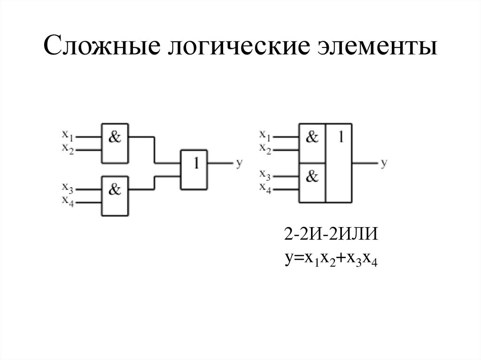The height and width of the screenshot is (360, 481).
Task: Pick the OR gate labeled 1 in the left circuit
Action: tap(194, 169)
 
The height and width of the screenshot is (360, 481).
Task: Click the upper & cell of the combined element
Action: tap(312, 142)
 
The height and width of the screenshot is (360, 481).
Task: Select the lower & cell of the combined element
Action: tap(312, 182)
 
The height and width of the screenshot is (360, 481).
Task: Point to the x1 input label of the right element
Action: tap(266, 135)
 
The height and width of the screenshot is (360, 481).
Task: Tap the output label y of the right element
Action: tap(384, 163)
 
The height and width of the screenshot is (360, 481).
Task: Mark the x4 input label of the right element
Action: tap(266, 189)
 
